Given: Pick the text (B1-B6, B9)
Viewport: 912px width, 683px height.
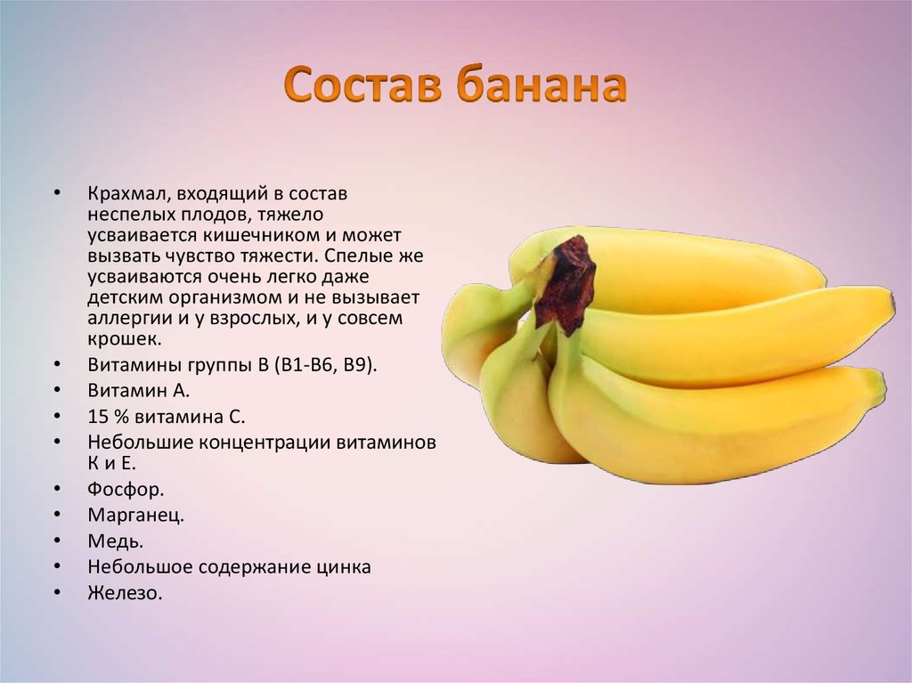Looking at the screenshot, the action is pyautogui.click(x=326, y=365).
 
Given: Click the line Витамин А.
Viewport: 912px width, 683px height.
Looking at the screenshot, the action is pyautogui.click(x=138, y=390).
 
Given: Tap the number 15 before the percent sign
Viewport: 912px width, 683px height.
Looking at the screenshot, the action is pyautogui.click(x=98, y=417).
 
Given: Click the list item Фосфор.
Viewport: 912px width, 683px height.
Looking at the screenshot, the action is pyautogui.click(x=126, y=490).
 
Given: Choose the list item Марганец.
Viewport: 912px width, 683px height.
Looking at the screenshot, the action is pyautogui.click(x=135, y=516).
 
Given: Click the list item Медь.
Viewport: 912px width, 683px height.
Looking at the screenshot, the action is pyautogui.click(x=115, y=541).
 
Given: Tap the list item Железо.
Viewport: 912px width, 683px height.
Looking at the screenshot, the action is pyautogui.click(x=125, y=593).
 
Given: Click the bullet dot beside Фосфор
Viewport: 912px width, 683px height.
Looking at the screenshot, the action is pyautogui.click(x=56, y=489).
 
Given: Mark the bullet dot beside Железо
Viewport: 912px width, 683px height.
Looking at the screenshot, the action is pyautogui.click(x=56, y=592).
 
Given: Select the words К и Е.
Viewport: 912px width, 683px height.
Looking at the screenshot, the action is pyautogui.click(x=111, y=464).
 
